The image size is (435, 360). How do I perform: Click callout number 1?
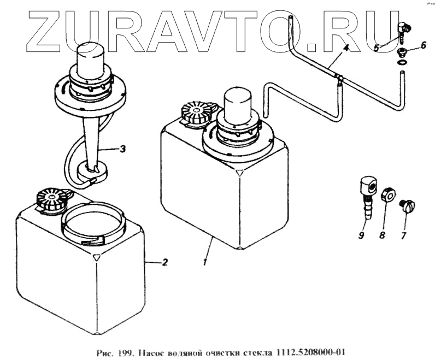[x=205, y=263]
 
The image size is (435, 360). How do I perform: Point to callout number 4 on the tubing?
[x=345, y=50]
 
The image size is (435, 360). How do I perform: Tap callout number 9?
[x=361, y=235]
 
